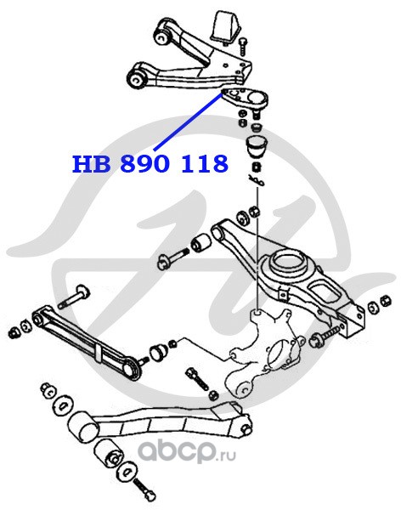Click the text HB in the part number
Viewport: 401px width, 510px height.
[x=91, y=163]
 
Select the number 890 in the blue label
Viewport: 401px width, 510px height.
[x=144, y=163]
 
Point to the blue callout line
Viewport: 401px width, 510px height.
[x=188, y=122]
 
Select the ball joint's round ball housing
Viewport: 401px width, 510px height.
[x=258, y=99]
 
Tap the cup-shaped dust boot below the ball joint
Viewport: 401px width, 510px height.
[x=257, y=145]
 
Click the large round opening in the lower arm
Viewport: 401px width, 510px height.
[x=286, y=262]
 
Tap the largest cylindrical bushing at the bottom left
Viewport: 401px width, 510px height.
[x=83, y=427]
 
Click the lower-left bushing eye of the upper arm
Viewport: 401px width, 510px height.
[x=136, y=78]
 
